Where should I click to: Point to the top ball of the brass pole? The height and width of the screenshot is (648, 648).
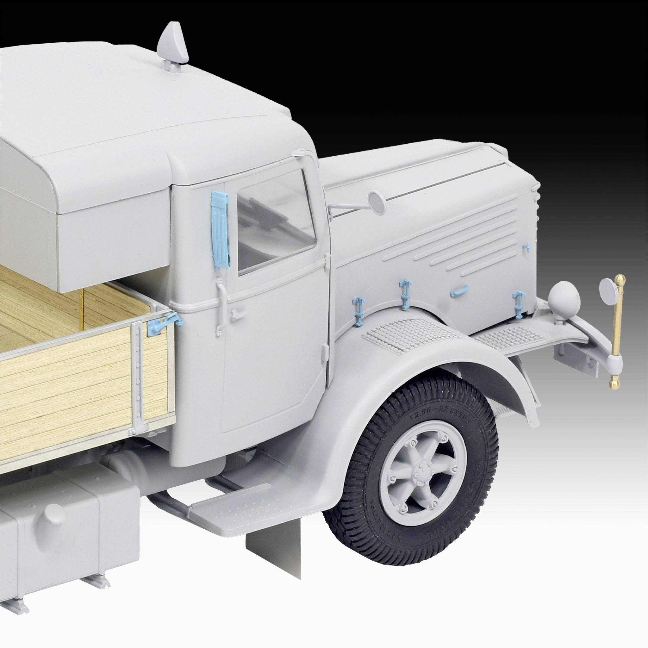621,279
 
